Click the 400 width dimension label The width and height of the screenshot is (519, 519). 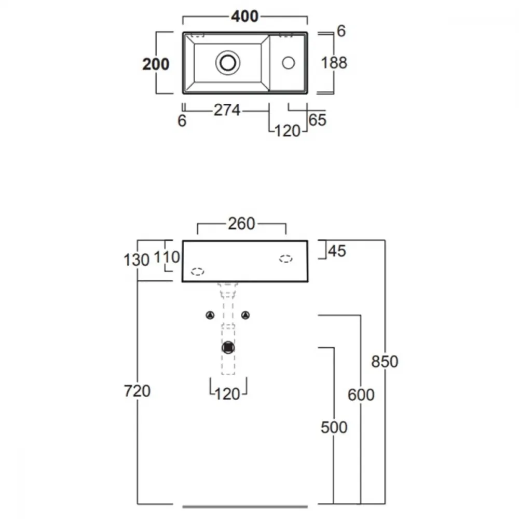pyautogui.click(x=244, y=16)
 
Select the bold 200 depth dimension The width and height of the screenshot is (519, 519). pyautogui.click(x=156, y=64)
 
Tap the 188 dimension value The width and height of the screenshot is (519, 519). pyautogui.click(x=334, y=63)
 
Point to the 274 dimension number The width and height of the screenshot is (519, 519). pyautogui.click(x=227, y=110)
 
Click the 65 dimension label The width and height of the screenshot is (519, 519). pyautogui.click(x=318, y=120)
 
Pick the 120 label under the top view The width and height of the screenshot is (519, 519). pyautogui.click(x=288, y=131)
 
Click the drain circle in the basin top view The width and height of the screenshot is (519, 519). pyautogui.click(x=228, y=63)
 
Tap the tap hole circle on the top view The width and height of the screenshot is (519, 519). pyautogui.click(x=288, y=63)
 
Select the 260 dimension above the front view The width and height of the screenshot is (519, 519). pyautogui.click(x=241, y=224)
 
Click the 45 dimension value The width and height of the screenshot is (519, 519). pyautogui.click(x=337, y=251)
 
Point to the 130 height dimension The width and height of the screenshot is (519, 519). pyautogui.click(x=136, y=260)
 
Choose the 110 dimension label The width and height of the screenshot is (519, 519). pyautogui.click(x=167, y=257)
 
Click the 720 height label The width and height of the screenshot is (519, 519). pyautogui.click(x=137, y=391)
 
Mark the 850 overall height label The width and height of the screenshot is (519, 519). pyautogui.click(x=385, y=361)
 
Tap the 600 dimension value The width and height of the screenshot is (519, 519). pyautogui.click(x=361, y=394)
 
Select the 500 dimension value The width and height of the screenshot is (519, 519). pyautogui.click(x=334, y=427)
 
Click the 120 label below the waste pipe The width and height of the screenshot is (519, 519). pyautogui.click(x=227, y=394)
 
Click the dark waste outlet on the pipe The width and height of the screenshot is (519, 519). pyautogui.click(x=228, y=348)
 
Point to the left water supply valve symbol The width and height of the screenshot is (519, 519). pyautogui.click(x=210, y=316)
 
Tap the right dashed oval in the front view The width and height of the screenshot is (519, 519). pyautogui.click(x=285, y=259)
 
